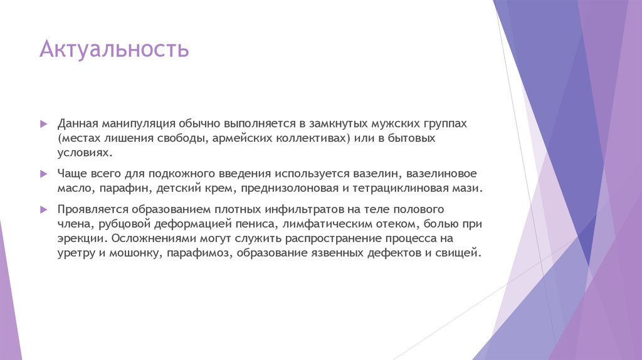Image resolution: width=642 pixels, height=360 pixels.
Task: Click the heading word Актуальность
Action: click(x=113, y=50)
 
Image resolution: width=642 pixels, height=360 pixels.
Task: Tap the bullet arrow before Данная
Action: click(x=43, y=124)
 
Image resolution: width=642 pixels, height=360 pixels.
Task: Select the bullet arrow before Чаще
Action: click(x=43, y=173)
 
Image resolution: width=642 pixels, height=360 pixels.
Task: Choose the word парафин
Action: click(x=119, y=188)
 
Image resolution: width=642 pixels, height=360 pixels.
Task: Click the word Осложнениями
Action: click(x=151, y=239)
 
